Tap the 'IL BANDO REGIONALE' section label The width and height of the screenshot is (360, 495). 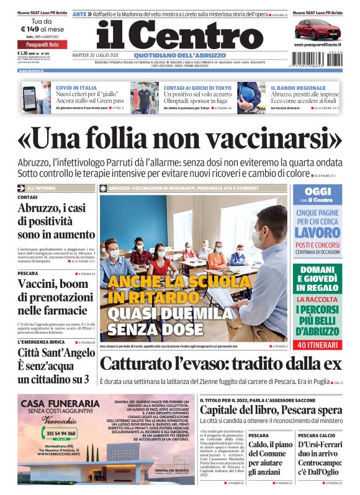298,88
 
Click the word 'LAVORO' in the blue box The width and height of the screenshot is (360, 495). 317,233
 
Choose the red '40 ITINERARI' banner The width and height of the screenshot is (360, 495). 317,344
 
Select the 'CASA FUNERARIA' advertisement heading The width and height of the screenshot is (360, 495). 58,404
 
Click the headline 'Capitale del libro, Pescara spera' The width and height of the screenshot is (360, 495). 271,410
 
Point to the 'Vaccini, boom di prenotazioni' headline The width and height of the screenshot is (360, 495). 53,297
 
